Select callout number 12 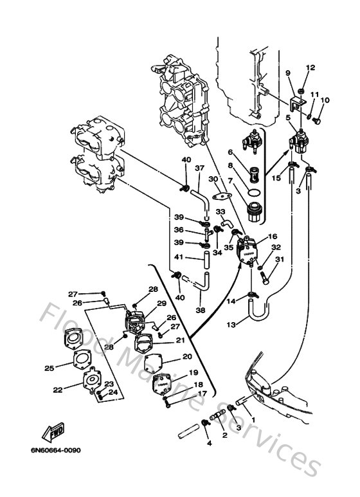[x=310, y=68]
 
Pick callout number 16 [x=273, y=237]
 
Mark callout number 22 [x=58, y=390]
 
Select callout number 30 [x=213, y=179]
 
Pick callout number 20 [x=187, y=356]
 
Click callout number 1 [x=253, y=420]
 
